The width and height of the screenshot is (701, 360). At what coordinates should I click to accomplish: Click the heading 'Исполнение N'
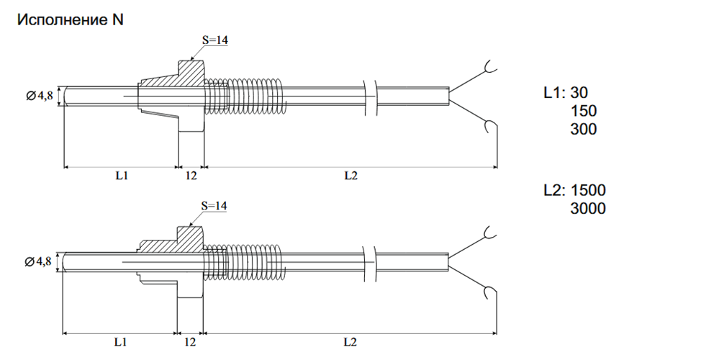71,20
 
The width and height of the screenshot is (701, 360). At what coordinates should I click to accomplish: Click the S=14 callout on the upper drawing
214,41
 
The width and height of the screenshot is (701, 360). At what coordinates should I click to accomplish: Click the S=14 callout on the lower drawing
214,206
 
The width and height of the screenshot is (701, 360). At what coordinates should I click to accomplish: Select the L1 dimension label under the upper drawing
121,176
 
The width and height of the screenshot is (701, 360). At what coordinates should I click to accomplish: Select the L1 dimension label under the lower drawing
121,341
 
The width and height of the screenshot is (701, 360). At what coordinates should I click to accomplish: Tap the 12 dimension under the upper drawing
191,176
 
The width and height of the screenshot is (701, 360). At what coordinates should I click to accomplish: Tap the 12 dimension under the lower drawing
191,341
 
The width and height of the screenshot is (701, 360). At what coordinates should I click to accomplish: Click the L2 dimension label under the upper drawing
350,176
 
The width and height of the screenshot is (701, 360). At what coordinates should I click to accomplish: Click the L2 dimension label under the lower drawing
350,341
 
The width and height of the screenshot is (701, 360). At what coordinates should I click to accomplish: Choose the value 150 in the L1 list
584,112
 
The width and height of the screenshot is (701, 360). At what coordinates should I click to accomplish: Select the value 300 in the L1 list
584,130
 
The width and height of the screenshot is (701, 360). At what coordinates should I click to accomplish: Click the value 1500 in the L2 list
588,191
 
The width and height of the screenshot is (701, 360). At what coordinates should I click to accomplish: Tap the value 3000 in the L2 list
588,209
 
